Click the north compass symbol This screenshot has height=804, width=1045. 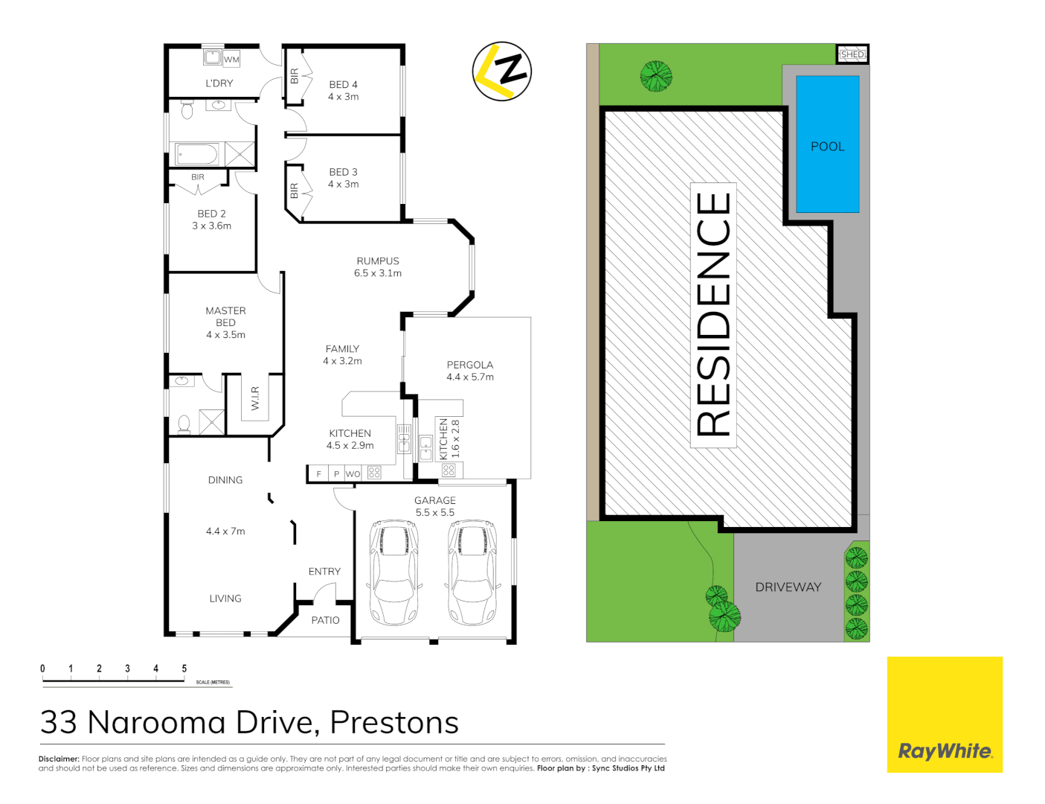point(502,71)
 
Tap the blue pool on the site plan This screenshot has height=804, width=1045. point(827,144)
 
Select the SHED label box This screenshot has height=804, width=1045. point(852,54)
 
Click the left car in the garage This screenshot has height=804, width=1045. point(394,572)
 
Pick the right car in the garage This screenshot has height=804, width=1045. point(472,572)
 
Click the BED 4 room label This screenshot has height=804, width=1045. point(343,85)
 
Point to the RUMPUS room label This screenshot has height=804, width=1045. point(378,261)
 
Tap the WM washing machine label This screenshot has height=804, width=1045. point(232,60)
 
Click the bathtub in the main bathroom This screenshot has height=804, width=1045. point(197,155)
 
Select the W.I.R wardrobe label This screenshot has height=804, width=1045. point(255,398)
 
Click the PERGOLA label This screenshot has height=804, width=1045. point(469,365)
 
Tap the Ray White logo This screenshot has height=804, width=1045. point(945,750)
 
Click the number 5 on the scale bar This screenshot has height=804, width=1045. point(184,669)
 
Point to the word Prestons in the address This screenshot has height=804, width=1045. point(394,723)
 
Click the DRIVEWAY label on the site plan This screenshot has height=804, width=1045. point(788,587)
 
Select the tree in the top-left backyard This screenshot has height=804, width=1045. point(656,76)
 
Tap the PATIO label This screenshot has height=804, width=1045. point(325,620)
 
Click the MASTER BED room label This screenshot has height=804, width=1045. point(225,316)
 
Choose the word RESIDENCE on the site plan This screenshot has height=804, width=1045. point(713,314)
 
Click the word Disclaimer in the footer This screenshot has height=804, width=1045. point(59,759)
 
